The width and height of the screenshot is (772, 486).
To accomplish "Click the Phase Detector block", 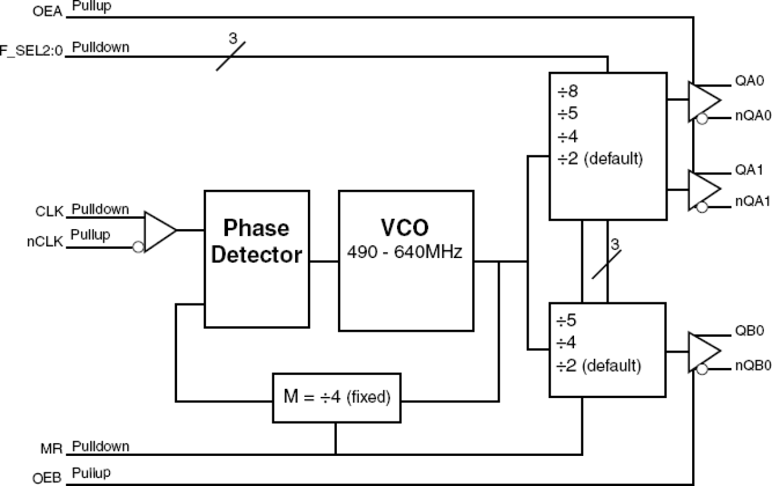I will tap(256, 258).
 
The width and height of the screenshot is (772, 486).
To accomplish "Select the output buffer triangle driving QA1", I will tap(703, 189).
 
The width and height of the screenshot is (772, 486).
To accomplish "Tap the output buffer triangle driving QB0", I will tap(703, 351).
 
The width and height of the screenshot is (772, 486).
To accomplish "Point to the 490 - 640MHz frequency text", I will tap(406, 252).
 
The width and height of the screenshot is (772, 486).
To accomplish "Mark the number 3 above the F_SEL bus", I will tap(232, 38).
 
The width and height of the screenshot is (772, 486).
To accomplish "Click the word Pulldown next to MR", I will tap(101, 446).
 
